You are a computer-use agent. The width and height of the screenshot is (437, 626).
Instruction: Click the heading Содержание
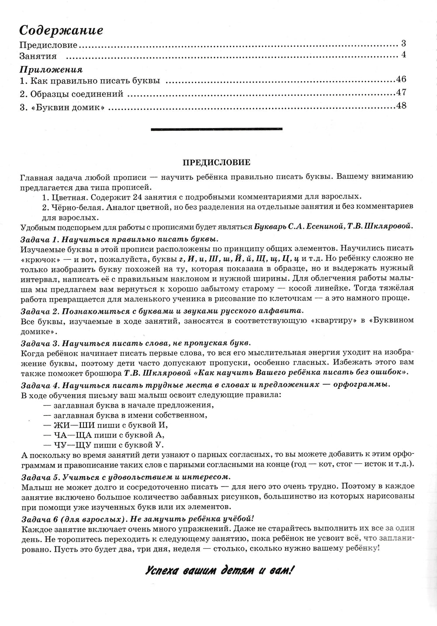pos(61,31)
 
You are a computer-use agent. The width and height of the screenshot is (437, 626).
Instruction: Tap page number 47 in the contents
pos(401,92)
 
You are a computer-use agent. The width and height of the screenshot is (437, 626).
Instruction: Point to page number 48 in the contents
pos(401,106)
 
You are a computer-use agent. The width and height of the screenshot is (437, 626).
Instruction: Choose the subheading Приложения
pos(52,69)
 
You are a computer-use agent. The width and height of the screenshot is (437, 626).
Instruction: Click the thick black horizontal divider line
pos(216,129)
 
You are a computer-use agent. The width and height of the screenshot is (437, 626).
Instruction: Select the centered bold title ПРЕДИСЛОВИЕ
pos(216,162)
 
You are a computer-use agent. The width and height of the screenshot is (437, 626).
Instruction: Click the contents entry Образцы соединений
pos(76,94)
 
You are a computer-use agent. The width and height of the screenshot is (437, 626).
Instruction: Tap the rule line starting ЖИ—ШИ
pos(106,425)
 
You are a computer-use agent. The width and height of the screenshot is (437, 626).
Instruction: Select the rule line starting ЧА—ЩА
pos(104,435)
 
